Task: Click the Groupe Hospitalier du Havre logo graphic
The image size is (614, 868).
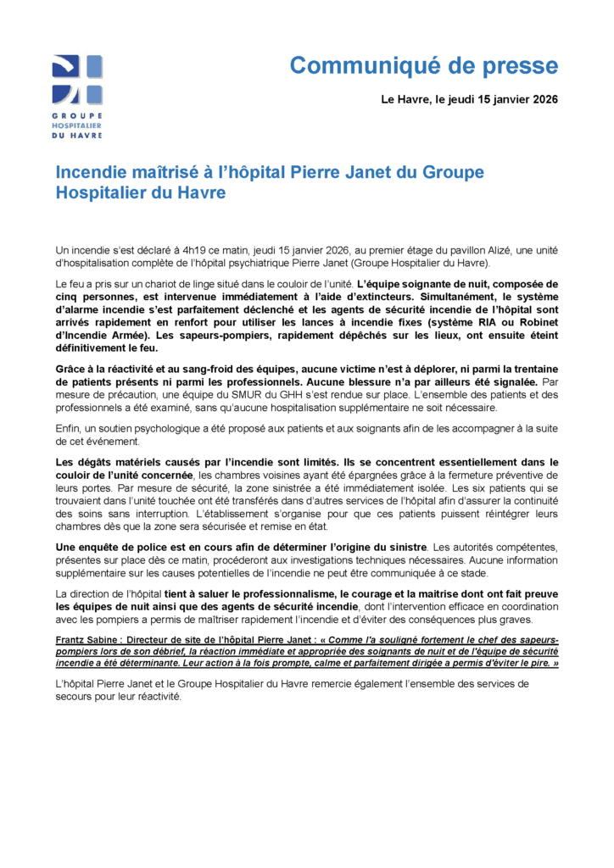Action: point(77,81)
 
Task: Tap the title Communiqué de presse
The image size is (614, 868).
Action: point(423,65)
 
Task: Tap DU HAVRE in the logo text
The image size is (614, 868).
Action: point(77,135)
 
